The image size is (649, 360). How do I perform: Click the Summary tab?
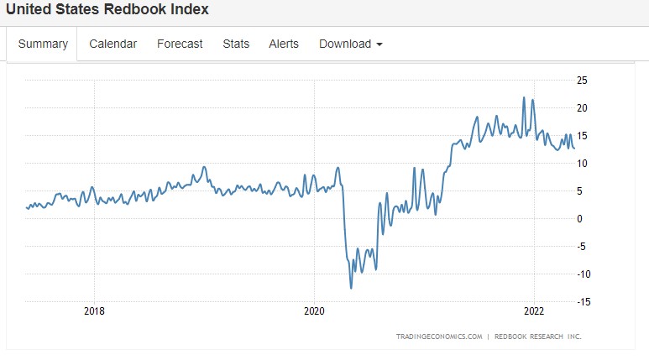point(43,44)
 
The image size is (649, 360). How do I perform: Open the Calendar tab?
point(113,44)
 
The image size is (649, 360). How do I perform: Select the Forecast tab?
point(180,44)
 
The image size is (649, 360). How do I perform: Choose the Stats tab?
point(236,44)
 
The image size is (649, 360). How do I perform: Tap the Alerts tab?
point(284,44)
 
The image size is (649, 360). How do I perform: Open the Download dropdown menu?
point(351,44)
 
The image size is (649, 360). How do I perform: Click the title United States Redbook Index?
point(107,10)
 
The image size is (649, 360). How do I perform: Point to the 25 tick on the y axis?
point(582,81)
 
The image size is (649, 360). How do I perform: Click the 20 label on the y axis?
point(582,108)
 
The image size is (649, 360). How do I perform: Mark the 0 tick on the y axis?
point(579,218)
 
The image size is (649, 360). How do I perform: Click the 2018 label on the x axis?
point(95,310)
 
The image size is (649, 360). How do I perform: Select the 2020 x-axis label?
point(314,310)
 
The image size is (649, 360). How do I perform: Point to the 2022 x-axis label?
point(534,310)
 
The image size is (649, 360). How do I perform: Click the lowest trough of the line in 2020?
point(351,288)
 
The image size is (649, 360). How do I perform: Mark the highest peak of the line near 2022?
point(524,97)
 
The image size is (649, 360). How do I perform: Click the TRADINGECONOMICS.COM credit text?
point(439,337)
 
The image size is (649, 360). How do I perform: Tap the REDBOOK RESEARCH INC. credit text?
point(539,337)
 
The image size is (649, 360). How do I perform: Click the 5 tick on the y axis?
point(579,190)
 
